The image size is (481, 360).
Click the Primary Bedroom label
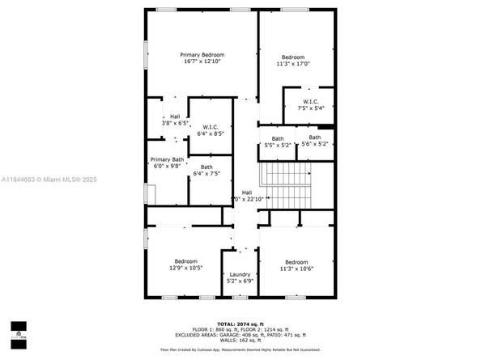(x=202, y=53)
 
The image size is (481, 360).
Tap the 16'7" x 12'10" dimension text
(x=202, y=61)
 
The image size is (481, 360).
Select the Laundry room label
(x=240, y=274)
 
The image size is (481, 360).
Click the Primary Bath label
(x=167, y=159)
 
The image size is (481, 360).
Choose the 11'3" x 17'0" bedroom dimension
(x=293, y=64)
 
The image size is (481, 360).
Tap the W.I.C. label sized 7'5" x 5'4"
(x=309, y=101)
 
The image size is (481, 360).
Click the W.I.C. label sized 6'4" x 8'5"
(x=210, y=127)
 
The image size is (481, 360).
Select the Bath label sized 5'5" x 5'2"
(x=278, y=138)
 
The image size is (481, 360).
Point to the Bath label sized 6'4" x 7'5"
(x=207, y=167)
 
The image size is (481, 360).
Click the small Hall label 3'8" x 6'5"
(x=175, y=116)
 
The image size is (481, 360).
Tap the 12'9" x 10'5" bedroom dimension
(x=185, y=268)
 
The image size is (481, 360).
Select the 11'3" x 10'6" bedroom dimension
(x=296, y=269)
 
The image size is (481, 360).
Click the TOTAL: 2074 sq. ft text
(x=240, y=323)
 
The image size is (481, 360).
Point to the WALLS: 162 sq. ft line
(x=240, y=339)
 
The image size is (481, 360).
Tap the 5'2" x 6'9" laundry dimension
(x=240, y=281)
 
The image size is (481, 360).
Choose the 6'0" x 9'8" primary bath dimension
(x=167, y=166)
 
